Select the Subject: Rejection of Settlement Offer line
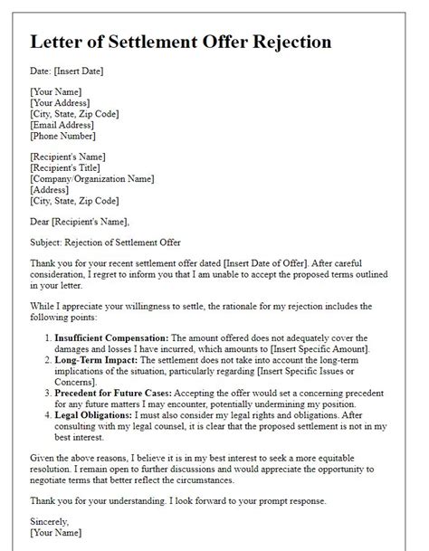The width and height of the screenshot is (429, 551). tap(106, 243)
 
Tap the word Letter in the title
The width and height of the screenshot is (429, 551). tap(58, 43)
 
